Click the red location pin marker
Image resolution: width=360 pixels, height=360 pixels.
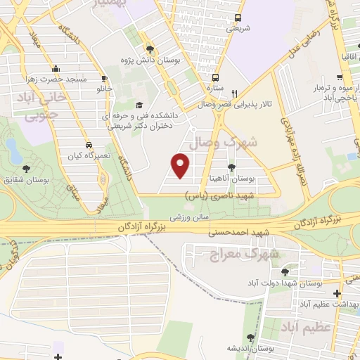[x=181, y=165]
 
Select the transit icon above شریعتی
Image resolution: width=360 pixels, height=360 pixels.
[x=238, y=18]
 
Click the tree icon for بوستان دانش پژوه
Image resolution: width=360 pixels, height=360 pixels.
[x=150, y=49]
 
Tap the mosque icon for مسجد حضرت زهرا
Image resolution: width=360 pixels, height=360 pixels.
[x=56, y=68]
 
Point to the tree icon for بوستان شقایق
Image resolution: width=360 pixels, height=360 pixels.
[x=26, y=168]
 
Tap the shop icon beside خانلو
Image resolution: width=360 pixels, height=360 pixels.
[x=104, y=78]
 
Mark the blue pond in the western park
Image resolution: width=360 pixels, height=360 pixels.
[x=12, y=148]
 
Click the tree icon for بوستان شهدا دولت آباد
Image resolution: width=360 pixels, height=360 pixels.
[x=284, y=272]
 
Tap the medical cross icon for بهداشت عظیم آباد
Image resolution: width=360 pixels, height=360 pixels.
[x=337, y=293]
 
